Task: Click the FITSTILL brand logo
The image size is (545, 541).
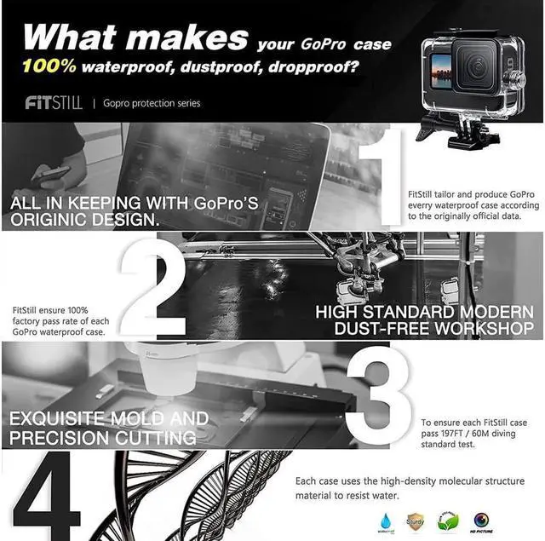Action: (x=54, y=103)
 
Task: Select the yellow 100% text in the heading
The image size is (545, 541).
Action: (x=46, y=65)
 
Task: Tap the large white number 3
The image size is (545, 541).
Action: (x=379, y=394)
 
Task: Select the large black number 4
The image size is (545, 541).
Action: (x=47, y=496)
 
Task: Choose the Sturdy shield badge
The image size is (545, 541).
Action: (x=415, y=520)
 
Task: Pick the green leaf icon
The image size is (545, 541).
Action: (x=448, y=520)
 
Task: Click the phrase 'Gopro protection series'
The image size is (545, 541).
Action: (x=152, y=103)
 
